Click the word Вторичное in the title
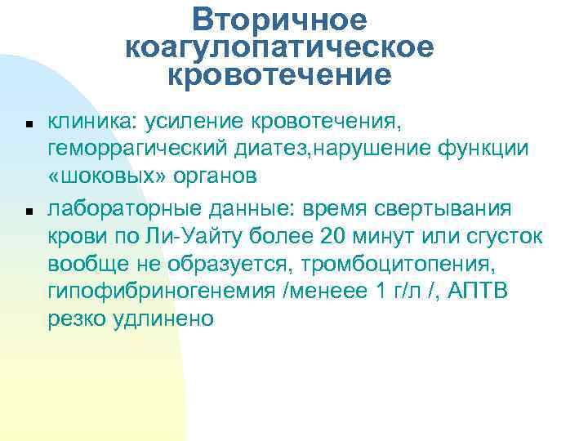(279, 20)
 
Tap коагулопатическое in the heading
(279, 48)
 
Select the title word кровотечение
(279, 76)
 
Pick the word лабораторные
(114, 207)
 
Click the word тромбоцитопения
(412, 265)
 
